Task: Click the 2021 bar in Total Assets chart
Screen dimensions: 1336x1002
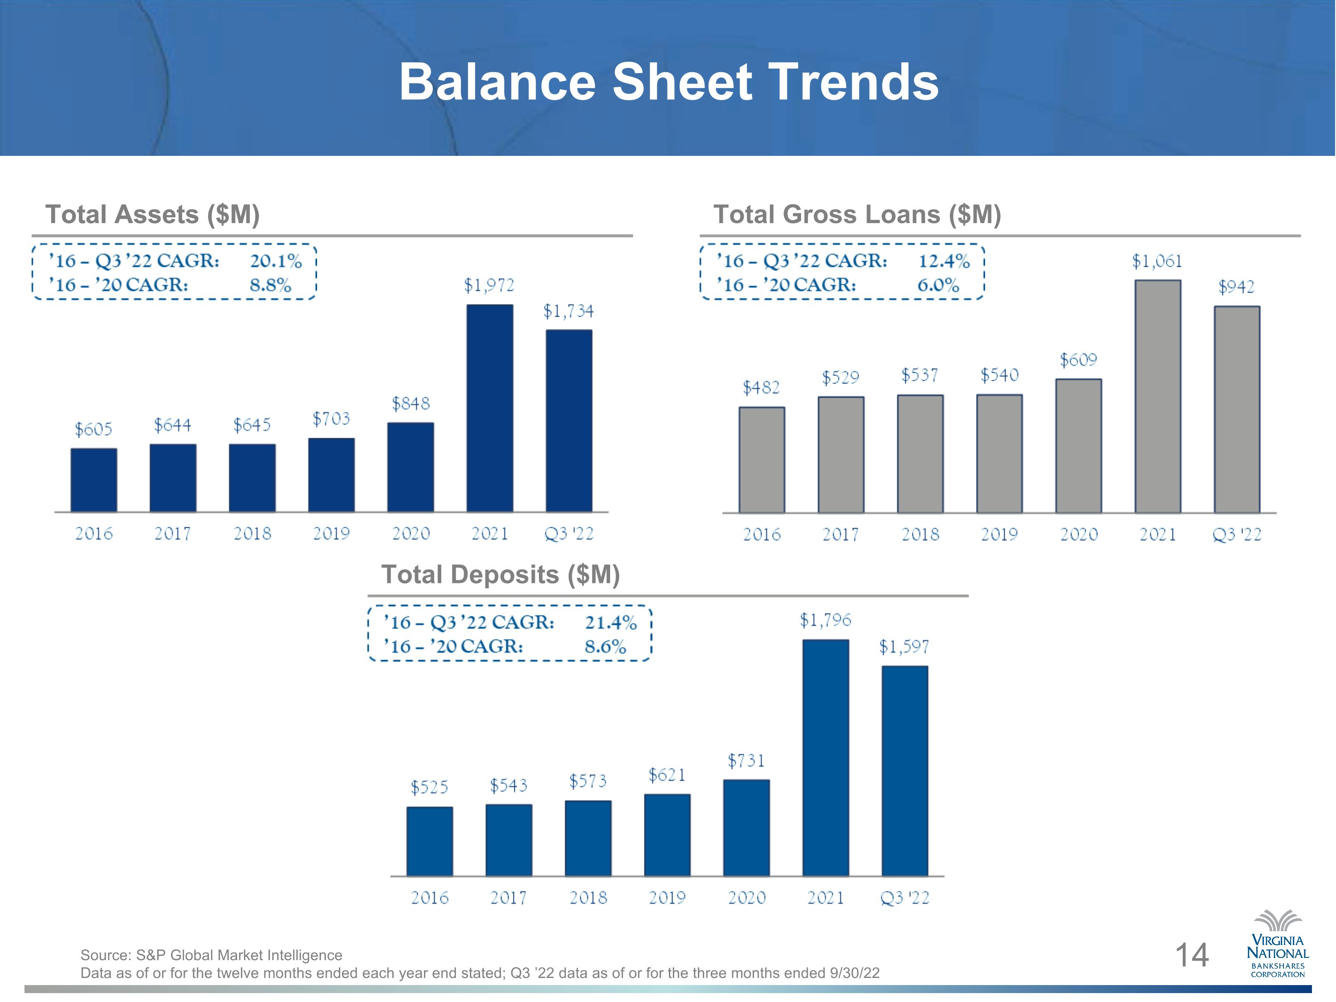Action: (490, 408)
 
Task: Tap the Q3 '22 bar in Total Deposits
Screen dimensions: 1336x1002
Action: (905, 771)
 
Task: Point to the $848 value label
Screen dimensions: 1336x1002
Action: (411, 403)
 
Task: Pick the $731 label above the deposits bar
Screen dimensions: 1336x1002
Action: (746, 761)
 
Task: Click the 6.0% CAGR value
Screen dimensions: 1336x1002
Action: (938, 285)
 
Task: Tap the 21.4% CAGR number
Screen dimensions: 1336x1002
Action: (611, 623)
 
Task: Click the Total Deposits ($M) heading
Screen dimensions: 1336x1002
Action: (501, 574)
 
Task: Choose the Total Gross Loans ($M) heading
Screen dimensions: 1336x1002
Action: (858, 214)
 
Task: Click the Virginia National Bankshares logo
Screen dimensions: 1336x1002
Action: (1278, 944)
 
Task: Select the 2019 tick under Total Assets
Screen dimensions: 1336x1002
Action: (331, 534)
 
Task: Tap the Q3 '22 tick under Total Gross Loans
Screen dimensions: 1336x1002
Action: (1237, 534)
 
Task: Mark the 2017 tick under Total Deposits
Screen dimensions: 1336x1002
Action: (509, 898)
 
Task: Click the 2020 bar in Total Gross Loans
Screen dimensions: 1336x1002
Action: (1079, 446)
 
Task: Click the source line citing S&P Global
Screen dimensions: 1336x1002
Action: (212, 955)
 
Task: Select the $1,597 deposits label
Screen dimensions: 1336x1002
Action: (904, 648)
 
